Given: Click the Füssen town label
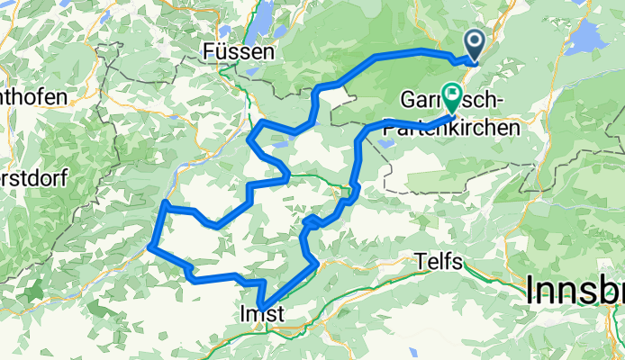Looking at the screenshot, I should pos(239,52).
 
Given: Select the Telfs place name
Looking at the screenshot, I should pos(440,261).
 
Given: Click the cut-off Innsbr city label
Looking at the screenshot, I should pos(574,290).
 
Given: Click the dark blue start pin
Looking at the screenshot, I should pos(475,42).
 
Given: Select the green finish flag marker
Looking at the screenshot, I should pos(449,96).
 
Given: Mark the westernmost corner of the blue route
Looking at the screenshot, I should pos(150,245).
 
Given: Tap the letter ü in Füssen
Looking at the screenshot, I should pos(220,52).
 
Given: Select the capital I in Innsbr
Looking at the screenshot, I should pos(530,290).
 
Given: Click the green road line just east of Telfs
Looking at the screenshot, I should pos(486,278).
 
